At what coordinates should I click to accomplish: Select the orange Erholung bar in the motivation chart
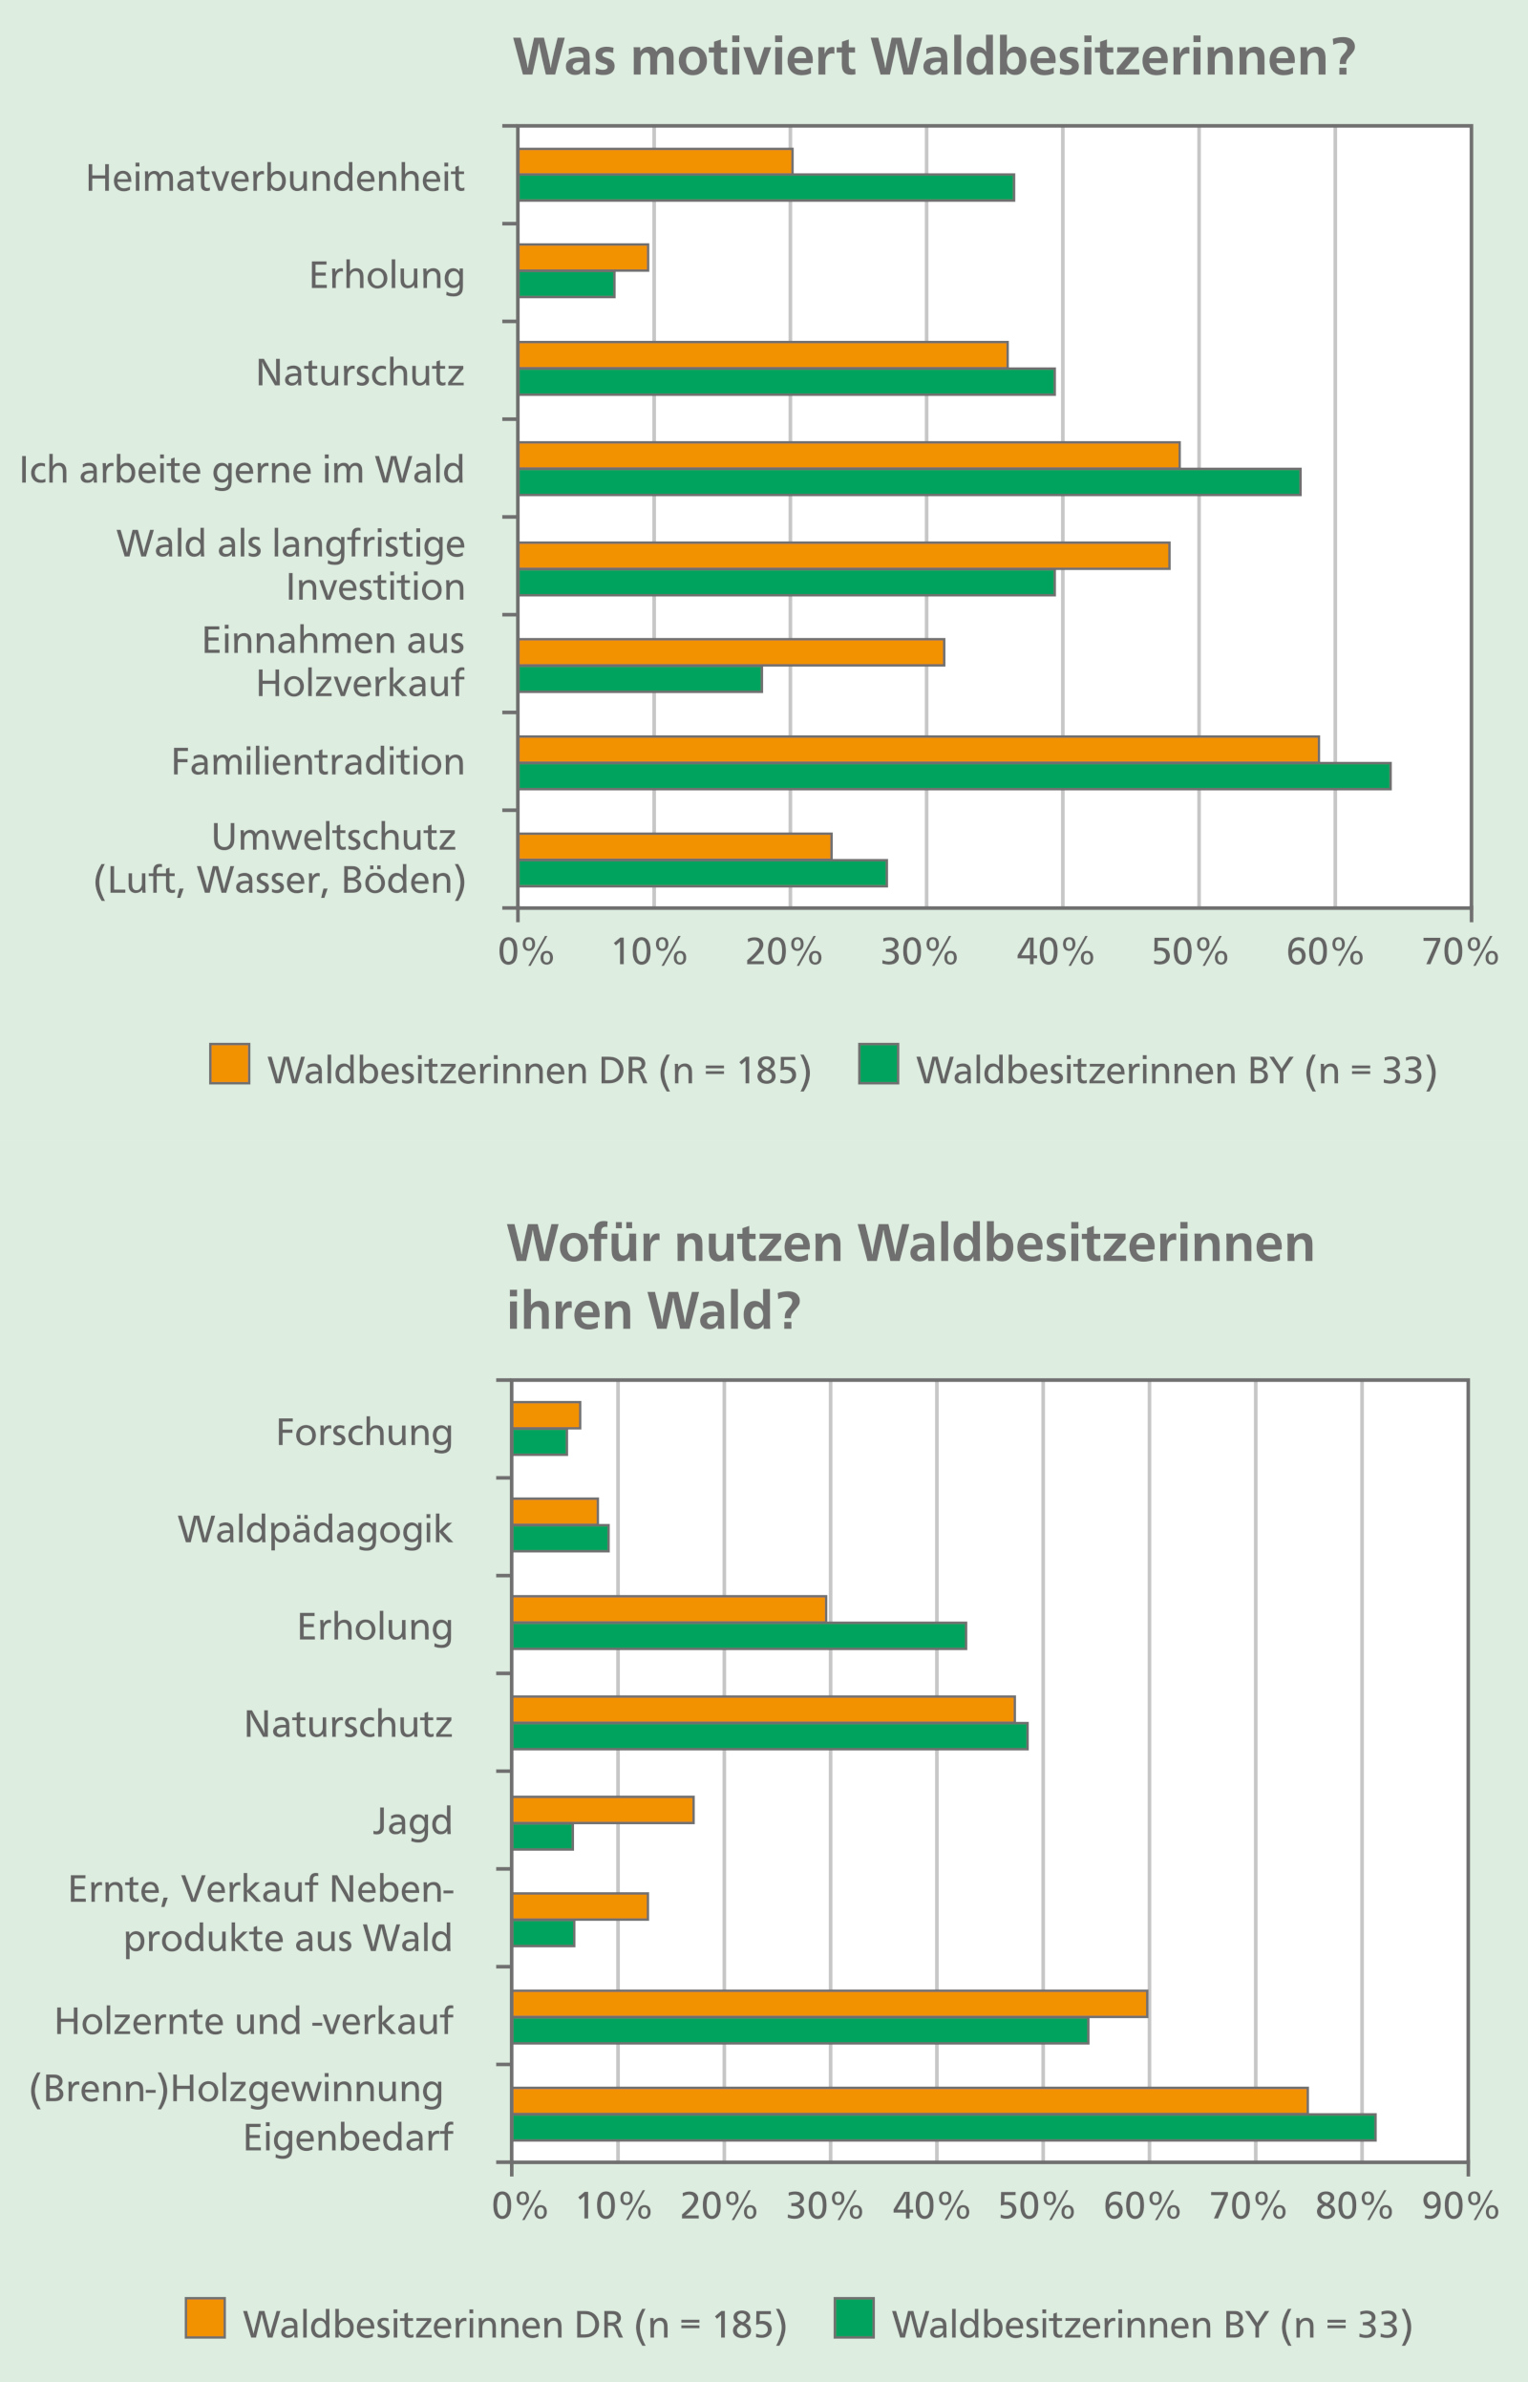tap(584, 258)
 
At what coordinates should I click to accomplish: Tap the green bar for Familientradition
tap(953, 776)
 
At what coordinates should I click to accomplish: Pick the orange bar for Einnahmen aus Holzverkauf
tap(732, 651)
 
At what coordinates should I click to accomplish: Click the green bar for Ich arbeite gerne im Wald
tap(909, 482)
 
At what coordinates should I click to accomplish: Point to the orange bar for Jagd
tap(604, 1811)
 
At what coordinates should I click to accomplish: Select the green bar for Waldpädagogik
tap(561, 1539)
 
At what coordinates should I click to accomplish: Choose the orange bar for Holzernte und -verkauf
tap(830, 2004)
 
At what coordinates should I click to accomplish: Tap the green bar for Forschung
tap(540, 1442)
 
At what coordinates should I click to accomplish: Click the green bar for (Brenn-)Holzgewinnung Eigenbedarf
tap(944, 2128)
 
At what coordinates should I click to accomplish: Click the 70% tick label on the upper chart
tap(1459, 952)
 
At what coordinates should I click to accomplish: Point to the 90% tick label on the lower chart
tap(1459, 2206)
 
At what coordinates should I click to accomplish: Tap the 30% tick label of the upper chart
tap(919, 952)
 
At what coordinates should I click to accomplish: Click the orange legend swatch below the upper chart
tap(229, 1064)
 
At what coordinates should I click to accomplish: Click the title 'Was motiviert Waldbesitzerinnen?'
tap(934, 57)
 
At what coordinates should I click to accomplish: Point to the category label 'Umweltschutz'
tap(333, 838)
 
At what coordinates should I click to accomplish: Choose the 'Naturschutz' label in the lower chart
tap(349, 1724)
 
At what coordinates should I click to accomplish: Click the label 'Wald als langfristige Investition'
tap(290, 564)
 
